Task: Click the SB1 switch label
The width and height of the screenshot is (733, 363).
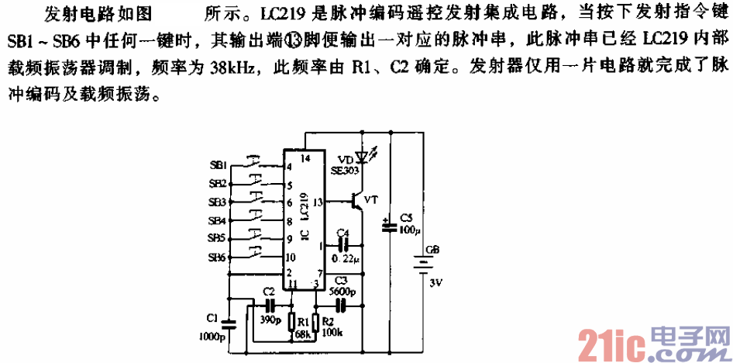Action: (217, 166)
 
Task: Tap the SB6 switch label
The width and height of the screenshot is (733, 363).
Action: (217, 257)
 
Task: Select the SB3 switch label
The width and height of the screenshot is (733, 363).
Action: (217, 202)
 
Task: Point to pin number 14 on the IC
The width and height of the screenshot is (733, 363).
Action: (305, 158)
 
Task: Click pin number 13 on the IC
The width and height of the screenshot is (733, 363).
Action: (317, 201)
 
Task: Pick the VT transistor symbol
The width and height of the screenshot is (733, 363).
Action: (357, 201)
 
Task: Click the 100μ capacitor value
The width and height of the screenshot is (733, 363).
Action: (408, 230)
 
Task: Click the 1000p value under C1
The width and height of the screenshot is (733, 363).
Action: (212, 337)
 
